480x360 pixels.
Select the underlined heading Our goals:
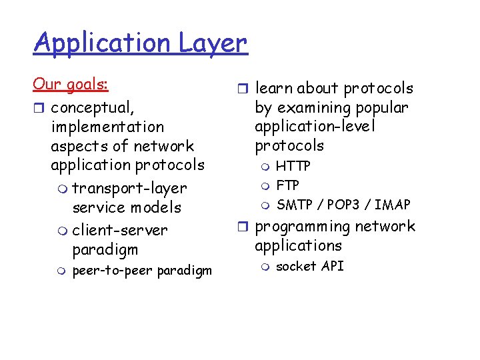point(71,85)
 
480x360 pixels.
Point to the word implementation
point(107,126)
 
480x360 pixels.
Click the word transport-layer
point(129,188)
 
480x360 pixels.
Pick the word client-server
point(119,230)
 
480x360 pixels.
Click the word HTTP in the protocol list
point(293,165)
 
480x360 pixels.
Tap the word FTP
point(287,185)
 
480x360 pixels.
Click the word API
point(333,266)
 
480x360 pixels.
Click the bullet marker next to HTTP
point(265,166)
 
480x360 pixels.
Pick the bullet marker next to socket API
point(265,267)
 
